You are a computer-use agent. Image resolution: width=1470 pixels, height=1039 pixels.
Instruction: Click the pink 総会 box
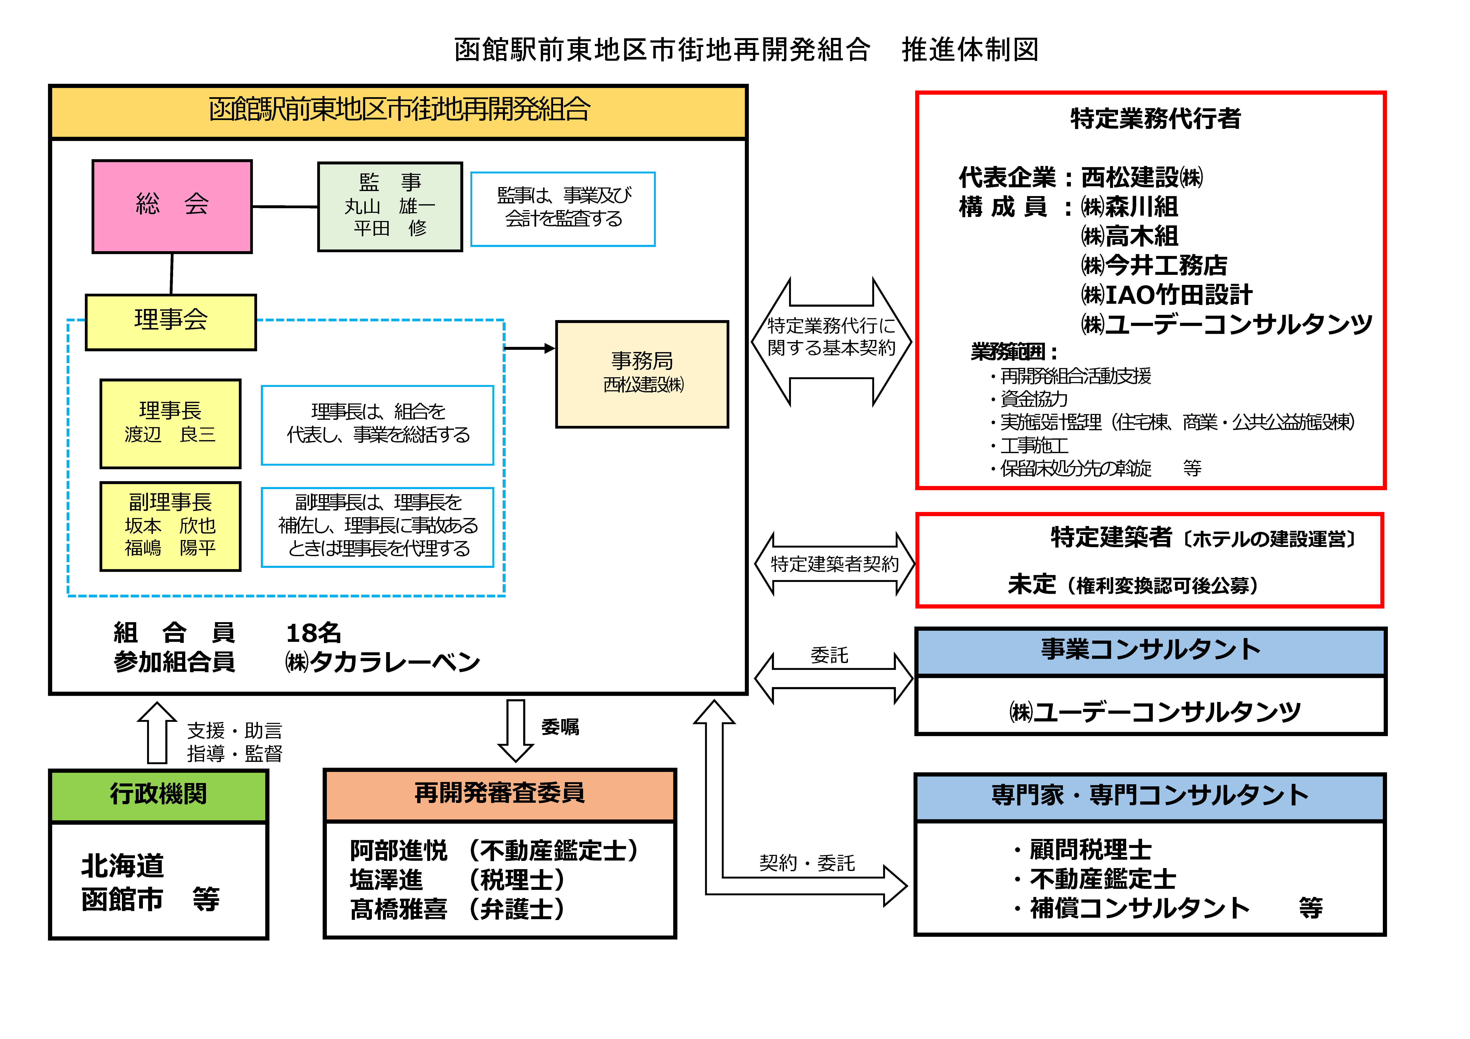coord(172,206)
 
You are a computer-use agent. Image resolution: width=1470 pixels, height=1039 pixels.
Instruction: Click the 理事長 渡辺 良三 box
coord(170,423)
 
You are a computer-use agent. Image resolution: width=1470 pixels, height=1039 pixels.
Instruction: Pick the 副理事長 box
coord(170,526)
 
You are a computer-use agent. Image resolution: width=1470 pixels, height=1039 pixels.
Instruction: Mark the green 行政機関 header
coord(158,795)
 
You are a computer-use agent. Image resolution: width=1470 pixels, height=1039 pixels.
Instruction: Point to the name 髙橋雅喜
coord(398,909)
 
